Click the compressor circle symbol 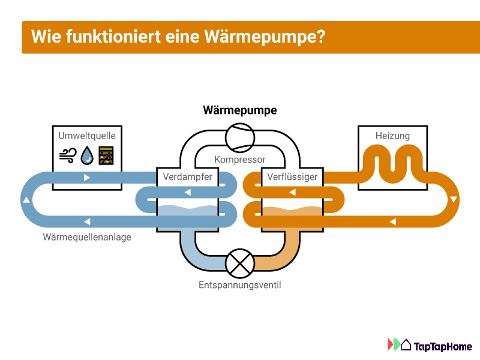240,139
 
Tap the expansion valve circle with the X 240,262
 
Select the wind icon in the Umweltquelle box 67,155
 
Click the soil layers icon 106,155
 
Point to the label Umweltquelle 87,136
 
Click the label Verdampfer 187,177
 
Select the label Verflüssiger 292,177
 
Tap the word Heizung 392,136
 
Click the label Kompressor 240,160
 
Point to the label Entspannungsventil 240,285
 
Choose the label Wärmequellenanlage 87,237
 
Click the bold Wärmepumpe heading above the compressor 240,110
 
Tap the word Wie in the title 43,37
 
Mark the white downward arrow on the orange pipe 454,199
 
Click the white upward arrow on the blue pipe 26,200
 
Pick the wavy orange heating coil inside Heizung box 392,161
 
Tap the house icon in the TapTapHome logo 406,345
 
